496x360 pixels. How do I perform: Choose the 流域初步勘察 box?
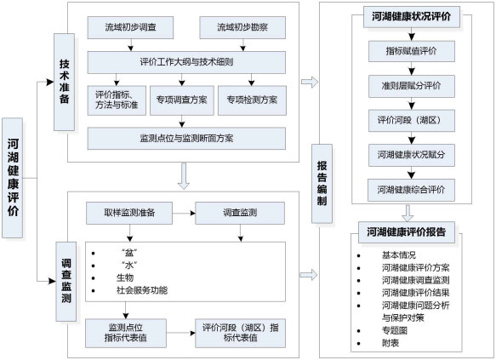242,27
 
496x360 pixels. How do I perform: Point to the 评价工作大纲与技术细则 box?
185,63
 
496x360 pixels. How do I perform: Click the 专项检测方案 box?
253,99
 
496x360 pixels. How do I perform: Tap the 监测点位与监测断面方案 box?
185,135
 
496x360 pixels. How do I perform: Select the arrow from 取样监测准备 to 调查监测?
182,211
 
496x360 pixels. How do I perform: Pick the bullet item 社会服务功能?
141,290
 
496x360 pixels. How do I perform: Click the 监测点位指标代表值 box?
126,333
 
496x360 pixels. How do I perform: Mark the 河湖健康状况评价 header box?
412,16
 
